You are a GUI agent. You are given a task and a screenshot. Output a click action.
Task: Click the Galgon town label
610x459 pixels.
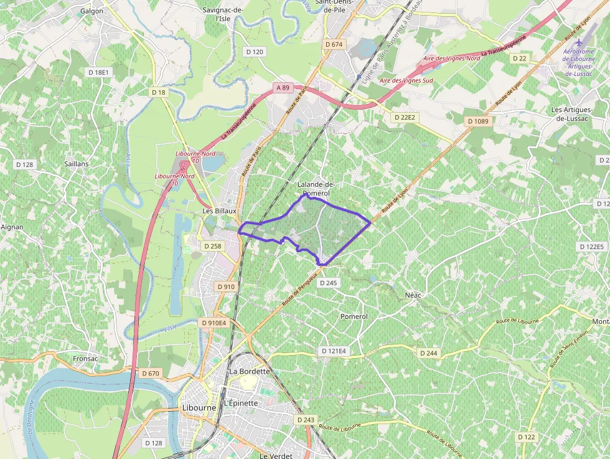click(x=91, y=11)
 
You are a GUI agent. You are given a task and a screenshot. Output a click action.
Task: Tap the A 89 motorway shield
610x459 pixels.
click(x=283, y=88)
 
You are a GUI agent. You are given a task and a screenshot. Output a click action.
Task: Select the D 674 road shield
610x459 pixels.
click(x=334, y=44)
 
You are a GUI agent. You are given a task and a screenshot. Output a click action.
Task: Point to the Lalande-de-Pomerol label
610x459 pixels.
click(x=316, y=189)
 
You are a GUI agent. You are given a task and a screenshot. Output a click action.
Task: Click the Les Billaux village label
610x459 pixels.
click(x=220, y=211)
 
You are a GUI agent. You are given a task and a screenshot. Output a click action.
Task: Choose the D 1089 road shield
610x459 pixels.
click(x=478, y=121)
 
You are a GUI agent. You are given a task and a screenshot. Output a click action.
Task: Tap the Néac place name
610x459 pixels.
click(x=413, y=295)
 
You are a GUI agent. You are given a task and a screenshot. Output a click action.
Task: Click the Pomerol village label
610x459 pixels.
click(x=354, y=316)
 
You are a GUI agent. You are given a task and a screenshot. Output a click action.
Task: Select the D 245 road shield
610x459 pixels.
click(x=327, y=283)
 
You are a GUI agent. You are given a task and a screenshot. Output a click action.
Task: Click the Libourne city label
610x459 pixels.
click(x=199, y=408)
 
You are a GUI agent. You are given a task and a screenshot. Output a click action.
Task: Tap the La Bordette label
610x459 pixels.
click(x=250, y=371)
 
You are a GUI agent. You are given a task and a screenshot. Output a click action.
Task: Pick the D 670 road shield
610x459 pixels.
click(x=151, y=373)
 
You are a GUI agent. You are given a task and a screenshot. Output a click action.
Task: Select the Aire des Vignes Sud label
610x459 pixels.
click(x=406, y=81)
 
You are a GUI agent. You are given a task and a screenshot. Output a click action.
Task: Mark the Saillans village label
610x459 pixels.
click(x=76, y=164)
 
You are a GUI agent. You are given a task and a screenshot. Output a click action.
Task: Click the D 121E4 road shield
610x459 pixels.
click(x=334, y=351)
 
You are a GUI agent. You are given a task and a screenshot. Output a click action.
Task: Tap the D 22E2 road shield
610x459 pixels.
click(x=404, y=117)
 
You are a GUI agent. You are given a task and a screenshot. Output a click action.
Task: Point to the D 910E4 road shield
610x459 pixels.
click(x=214, y=323)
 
